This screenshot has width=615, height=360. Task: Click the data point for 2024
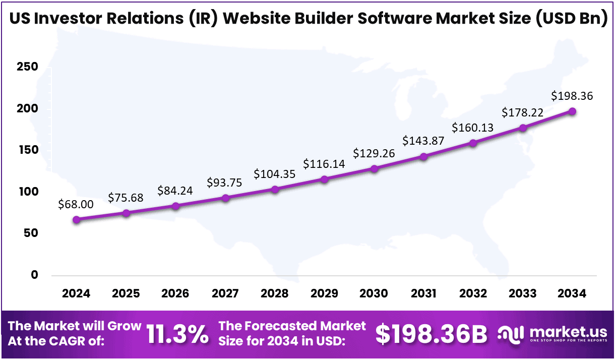pos(76,220)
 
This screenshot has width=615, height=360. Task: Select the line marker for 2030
pos(374,169)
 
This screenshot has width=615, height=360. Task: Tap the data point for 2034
pos(572,111)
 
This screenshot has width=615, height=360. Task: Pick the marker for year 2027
pos(225,198)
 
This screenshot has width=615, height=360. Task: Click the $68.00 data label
pos(76,204)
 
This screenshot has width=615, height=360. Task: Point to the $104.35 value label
pos(274,174)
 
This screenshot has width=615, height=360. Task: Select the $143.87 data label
pos(423,141)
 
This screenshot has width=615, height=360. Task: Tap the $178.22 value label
pos(522,112)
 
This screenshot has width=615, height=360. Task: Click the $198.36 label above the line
pos(572,96)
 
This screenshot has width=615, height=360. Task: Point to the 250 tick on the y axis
pos(28,68)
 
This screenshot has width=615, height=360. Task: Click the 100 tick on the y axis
pos(28,192)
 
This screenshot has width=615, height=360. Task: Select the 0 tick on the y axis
pos(34,275)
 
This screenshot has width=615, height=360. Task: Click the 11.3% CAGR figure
pos(177,334)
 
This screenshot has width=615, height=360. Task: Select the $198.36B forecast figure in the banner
pos(432,334)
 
